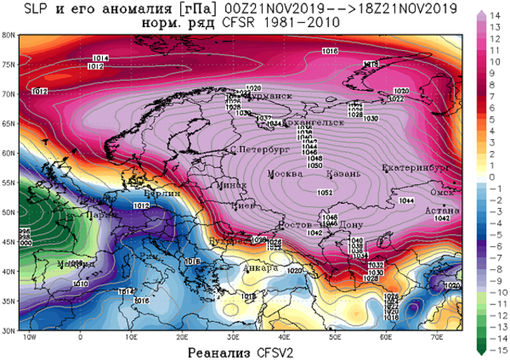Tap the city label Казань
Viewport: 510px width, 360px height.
[x=343, y=174]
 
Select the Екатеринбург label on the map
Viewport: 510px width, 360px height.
[x=416, y=167]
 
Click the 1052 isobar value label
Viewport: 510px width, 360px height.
[x=325, y=193]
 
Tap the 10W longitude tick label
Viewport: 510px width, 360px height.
[x=30, y=338]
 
